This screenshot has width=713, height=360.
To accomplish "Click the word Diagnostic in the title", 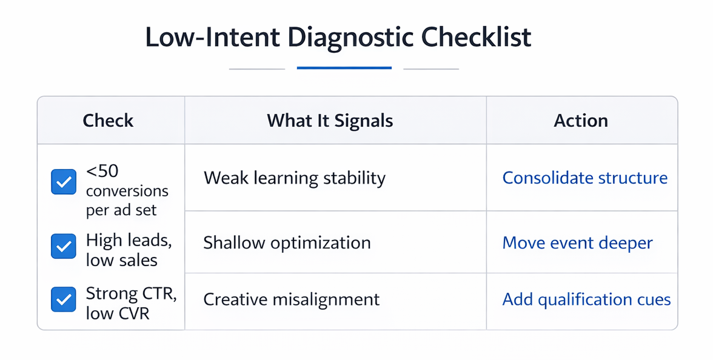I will point(350,38).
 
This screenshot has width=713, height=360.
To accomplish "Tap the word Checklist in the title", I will point(476,38).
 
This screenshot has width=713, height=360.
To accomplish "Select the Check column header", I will point(108,121).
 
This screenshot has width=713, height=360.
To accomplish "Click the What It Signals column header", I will point(330,121).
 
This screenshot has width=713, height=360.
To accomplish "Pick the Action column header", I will point(581,121).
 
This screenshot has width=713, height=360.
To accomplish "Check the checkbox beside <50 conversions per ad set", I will point(64,182).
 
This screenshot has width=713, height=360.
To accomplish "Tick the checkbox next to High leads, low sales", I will point(64,246).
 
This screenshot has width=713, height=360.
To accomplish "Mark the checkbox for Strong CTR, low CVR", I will point(64,299).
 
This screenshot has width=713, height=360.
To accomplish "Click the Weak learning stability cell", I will point(294,178).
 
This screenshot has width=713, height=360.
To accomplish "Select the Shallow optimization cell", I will point(287,243).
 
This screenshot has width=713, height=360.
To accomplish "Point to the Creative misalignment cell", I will point(291,299).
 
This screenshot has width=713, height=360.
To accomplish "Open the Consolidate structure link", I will point(584,178).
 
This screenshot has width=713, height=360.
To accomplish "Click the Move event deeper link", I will point(577,243).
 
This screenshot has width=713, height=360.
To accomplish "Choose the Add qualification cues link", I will point(586,299).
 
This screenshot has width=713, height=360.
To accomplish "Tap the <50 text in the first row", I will point(102,172).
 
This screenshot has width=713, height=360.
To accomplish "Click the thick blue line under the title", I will point(344,68).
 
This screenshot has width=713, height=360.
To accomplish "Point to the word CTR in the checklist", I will point(158,293).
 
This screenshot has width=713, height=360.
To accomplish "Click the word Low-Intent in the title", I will point(212,38).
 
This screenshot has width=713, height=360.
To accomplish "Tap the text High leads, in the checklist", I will point(129,241).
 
